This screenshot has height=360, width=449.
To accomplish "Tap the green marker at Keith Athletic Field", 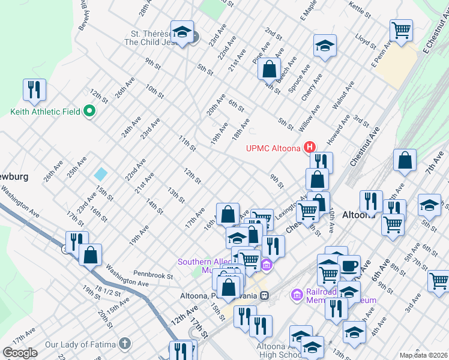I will (x=89, y=112).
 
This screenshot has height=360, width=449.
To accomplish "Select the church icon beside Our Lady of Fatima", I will (x=124, y=344).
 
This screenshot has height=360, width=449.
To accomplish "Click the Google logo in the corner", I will (x=20, y=353).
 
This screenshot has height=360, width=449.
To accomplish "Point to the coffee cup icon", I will (x=349, y=265).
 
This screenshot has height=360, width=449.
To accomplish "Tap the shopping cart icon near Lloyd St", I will (x=401, y=29).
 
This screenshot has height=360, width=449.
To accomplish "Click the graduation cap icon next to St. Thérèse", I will (x=182, y=31).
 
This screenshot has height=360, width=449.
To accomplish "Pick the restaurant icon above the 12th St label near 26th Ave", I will (x=34, y=89).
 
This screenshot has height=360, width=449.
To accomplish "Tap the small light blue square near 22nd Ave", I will (x=101, y=175).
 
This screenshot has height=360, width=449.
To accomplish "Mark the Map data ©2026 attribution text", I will (x=424, y=355).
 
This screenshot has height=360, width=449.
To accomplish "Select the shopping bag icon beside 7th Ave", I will (x=405, y=161).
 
